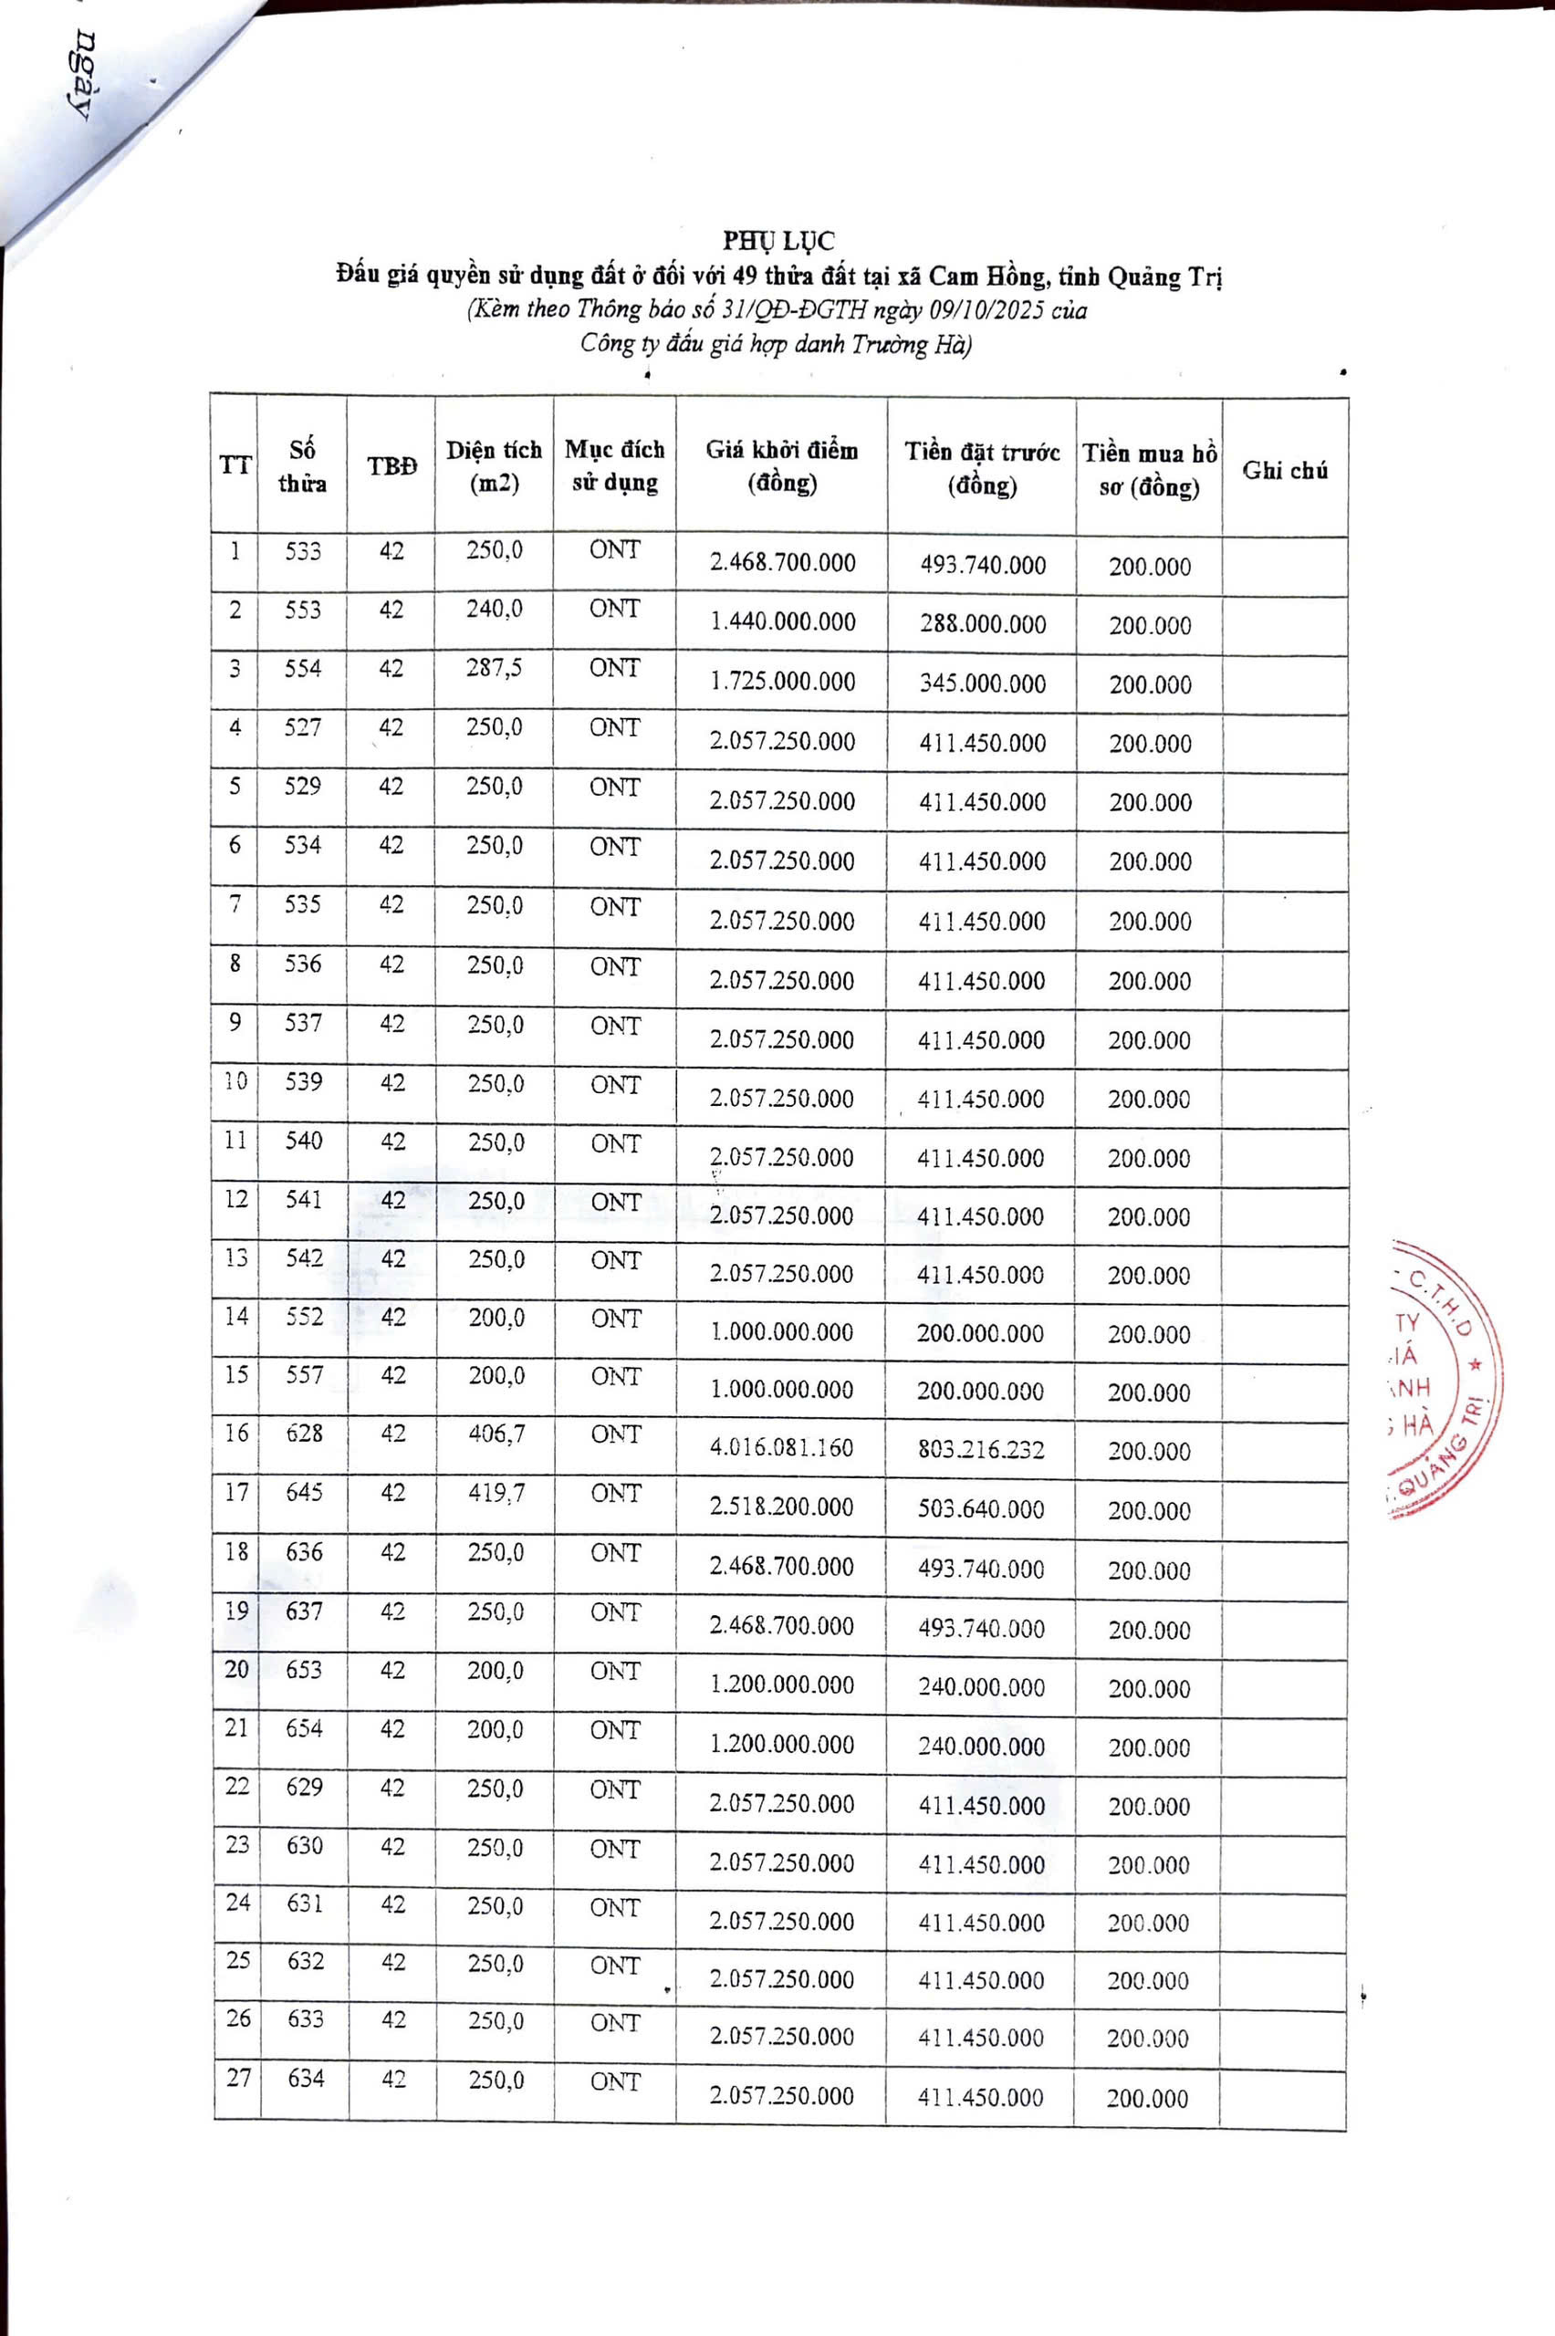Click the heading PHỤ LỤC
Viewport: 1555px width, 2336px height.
[x=777, y=241]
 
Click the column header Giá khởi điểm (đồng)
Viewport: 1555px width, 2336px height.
[x=781, y=466]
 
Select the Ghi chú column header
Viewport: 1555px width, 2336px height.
[x=1284, y=470]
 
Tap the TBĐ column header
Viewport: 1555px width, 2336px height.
[x=391, y=466]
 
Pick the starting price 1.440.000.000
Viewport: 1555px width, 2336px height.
[x=781, y=622]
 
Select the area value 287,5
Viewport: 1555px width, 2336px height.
[x=494, y=668]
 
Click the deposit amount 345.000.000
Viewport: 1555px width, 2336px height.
[x=982, y=684]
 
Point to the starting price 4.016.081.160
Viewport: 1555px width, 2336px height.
[x=781, y=1447]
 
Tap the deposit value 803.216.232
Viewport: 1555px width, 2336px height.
[x=981, y=1450]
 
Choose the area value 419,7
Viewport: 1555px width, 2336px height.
[x=496, y=1492]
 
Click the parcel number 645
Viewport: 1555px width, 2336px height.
[x=304, y=1492]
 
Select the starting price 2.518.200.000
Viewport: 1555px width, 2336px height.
[x=781, y=1507]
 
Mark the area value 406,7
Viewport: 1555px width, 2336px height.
[x=496, y=1434]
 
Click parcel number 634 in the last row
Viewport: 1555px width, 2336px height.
[x=306, y=2077]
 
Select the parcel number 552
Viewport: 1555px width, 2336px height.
[x=304, y=1317]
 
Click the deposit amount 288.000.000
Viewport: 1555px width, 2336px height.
[x=982, y=625]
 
